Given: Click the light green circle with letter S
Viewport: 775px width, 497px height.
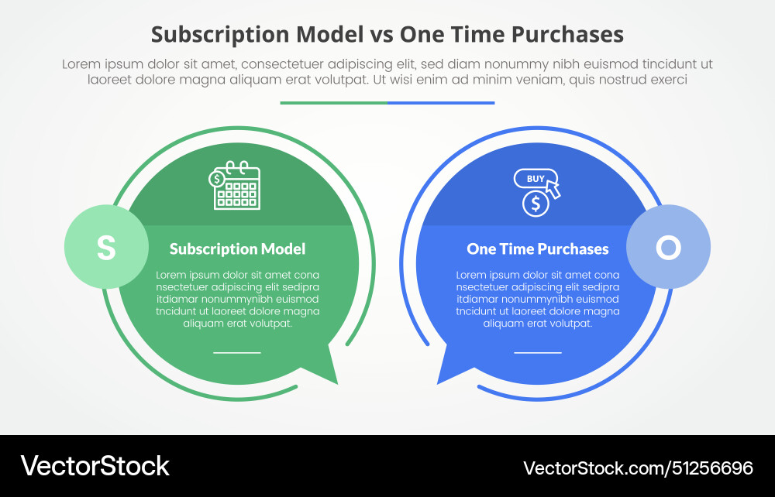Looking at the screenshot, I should point(106,247).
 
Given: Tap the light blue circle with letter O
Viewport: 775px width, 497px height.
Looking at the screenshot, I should point(668,247).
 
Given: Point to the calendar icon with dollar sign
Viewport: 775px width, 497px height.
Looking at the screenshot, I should point(236,186).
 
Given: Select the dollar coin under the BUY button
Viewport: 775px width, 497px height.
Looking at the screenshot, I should point(536,204).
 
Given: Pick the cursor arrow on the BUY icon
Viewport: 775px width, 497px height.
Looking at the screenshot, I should point(553,187).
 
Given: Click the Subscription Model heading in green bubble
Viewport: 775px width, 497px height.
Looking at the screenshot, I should point(237,248).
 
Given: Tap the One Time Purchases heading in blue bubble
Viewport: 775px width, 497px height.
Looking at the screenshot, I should point(537,248).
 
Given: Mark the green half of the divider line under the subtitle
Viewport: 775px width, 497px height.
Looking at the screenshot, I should point(333,102).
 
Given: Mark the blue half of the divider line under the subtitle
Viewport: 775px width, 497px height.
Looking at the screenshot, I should point(441,102).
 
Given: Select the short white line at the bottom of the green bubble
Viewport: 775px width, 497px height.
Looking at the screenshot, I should point(237,352).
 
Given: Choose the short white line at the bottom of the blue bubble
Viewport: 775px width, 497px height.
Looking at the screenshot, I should point(537,352).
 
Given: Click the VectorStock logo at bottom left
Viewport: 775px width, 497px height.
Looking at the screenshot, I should point(95,466).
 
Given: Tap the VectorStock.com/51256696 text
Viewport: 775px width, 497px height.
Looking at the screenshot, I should point(638,468).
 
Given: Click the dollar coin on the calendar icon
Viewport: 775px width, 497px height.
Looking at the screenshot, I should point(217,179).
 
